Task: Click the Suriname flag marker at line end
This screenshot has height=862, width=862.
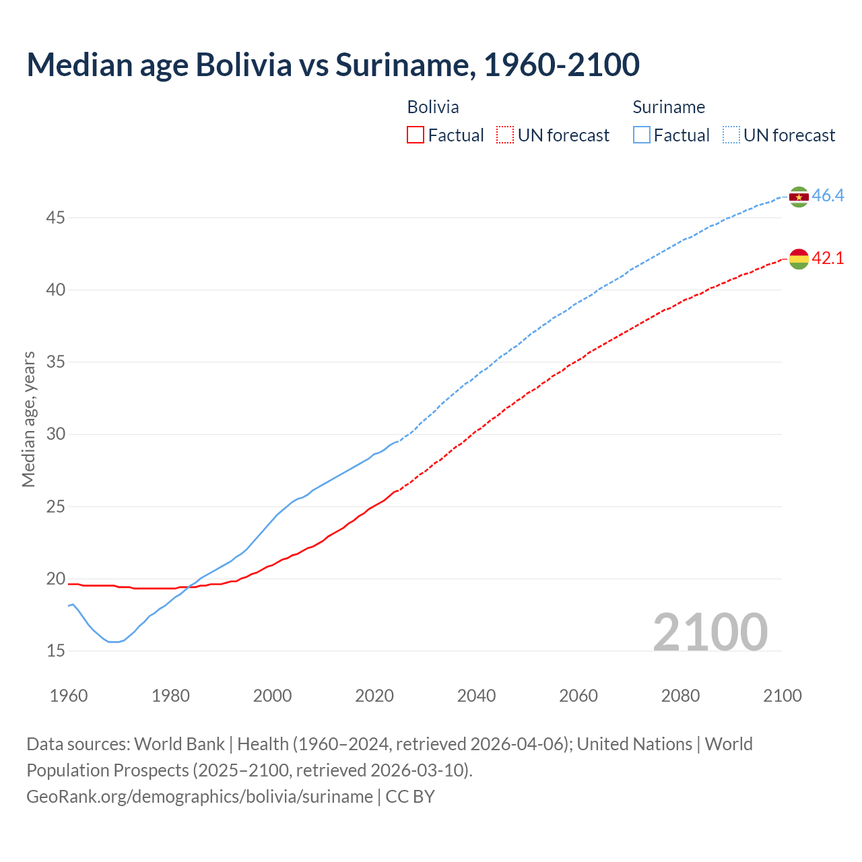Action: pyautogui.click(x=799, y=197)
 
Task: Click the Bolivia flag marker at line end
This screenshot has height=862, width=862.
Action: pyautogui.click(x=799, y=259)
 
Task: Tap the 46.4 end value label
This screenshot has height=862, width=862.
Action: pyautogui.click(x=828, y=196)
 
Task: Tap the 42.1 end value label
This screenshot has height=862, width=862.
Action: pyautogui.click(x=828, y=258)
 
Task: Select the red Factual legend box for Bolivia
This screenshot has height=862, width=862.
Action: pyautogui.click(x=416, y=135)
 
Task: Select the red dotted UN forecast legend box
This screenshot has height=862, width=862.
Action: pyautogui.click(x=505, y=135)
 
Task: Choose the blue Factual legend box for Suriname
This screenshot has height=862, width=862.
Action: pyautogui.click(x=642, y=135)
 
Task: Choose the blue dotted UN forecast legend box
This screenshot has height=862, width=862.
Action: pyautogui.click(x=731, y=135)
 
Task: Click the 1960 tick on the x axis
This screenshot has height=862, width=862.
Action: pyautogui.click(x=69, y=696)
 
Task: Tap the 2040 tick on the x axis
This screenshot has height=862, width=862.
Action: pyautogui.click(x=476, y=696)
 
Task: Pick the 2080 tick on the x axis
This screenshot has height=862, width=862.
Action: pyautogui.click(x=680, y=696)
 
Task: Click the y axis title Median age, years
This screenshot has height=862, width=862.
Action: pyautogui.click(x=28, y=419)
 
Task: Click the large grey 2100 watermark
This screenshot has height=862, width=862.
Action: pyautogui.click(x=710, y=632)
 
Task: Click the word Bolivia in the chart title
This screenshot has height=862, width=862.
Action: pyautogui.click(x=244, y=65)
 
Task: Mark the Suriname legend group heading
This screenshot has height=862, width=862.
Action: pyautogui.click(x=669, y=107)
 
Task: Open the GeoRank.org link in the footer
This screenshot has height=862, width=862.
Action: pyautogui.click(x=199, y=797)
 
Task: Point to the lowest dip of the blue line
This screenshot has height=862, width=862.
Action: pyautogui.click(x=113, y=642)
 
